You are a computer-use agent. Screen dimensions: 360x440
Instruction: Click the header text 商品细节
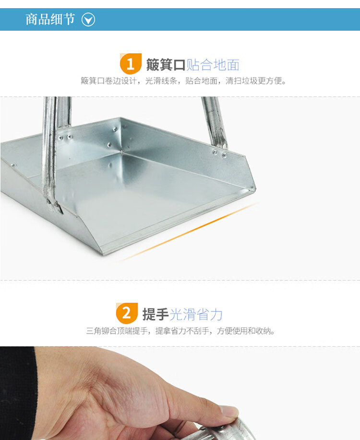(50, 19)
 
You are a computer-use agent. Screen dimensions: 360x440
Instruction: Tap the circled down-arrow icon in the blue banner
(88, 20)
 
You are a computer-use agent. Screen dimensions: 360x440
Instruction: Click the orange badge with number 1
(131, 64)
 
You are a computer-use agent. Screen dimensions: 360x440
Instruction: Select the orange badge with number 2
(127, 313)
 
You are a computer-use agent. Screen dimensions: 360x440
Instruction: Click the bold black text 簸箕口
(166, 65)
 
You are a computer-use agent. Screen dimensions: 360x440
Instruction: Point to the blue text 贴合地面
(213, 65)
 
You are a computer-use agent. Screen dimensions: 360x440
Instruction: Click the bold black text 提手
(156, 314)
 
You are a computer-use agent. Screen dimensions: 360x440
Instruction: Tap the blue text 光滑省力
(196, 314)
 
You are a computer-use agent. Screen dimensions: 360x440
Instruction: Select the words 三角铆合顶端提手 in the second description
(117, 331)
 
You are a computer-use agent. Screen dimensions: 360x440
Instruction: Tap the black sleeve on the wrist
(17, 393)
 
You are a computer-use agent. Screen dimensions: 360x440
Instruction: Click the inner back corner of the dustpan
(121, 152)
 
